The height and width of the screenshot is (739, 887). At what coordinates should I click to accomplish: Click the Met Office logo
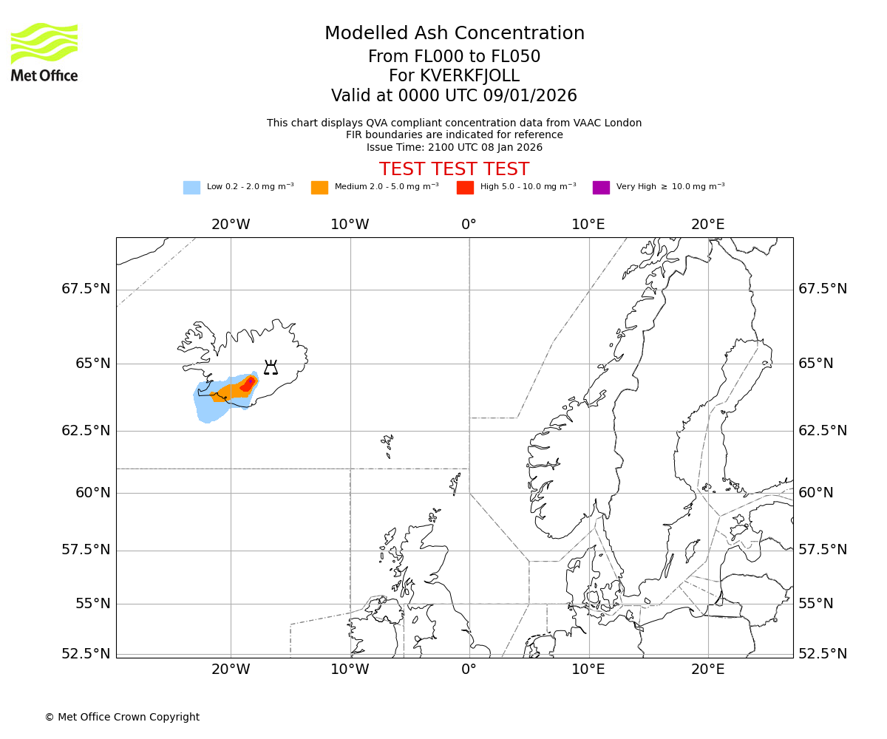click(44, 52)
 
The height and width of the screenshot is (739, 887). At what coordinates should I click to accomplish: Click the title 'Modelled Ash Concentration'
click(455, 34)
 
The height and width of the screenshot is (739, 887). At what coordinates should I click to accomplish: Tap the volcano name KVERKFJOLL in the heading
click(454, 76)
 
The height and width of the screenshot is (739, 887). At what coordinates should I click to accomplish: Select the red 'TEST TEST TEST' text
click(454, 169)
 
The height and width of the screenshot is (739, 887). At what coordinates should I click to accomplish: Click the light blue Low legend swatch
click(191, 188)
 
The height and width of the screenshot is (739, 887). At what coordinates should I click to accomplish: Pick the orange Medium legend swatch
click(319, 188)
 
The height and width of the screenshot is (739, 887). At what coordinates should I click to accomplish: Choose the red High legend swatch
click(465, 188)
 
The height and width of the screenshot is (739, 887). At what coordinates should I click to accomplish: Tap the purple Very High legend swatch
click(601, 188)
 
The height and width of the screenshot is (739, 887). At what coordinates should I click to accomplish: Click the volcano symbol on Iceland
click(271, 367)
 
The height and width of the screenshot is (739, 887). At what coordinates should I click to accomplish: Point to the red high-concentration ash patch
click(248, 384)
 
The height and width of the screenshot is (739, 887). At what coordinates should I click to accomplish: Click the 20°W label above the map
click(231, 225)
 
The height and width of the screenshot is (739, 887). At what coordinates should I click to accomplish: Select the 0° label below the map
click(469, 670)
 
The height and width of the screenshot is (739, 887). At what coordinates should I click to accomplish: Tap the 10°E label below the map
click(588, 670)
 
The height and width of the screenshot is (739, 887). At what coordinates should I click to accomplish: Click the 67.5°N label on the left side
click(86, 289)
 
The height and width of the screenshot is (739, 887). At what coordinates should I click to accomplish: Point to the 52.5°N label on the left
click(86, 654)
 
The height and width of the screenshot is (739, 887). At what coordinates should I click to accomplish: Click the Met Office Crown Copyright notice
click(122, 717)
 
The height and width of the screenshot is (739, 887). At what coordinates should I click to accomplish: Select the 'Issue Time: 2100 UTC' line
click(454, 147)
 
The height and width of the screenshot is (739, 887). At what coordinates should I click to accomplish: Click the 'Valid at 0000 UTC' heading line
click(454, 96)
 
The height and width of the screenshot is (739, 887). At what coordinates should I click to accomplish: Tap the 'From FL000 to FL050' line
click(454, 57)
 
